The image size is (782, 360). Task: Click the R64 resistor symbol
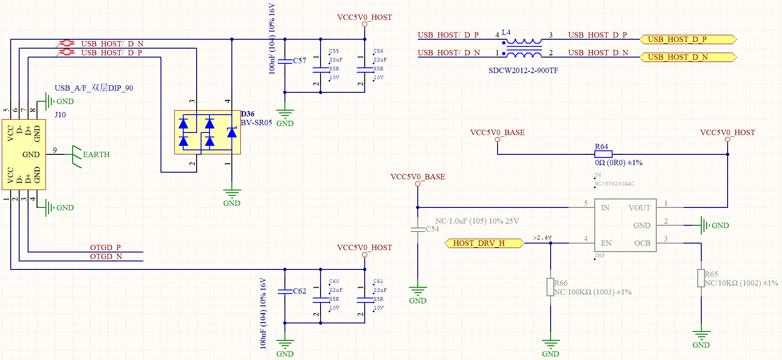603,154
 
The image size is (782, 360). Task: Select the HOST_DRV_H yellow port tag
484,243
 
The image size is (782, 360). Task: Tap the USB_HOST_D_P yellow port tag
688,39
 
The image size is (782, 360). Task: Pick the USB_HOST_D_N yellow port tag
688,57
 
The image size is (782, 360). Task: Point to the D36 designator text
247,114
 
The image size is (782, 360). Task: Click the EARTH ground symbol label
96,154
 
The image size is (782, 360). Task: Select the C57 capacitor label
300,61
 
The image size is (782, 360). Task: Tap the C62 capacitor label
300,291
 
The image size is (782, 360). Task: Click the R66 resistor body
550,287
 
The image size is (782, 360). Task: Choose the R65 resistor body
701,278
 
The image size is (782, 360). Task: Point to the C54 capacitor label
432,229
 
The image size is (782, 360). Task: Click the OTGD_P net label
105,248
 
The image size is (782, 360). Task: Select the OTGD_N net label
106,257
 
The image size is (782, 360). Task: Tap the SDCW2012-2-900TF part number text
523,70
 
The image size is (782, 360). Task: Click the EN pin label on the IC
606,243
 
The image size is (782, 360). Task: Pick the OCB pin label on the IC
642,243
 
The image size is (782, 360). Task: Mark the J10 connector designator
60,115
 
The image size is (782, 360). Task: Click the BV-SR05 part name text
256,123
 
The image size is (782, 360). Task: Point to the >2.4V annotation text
542,238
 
